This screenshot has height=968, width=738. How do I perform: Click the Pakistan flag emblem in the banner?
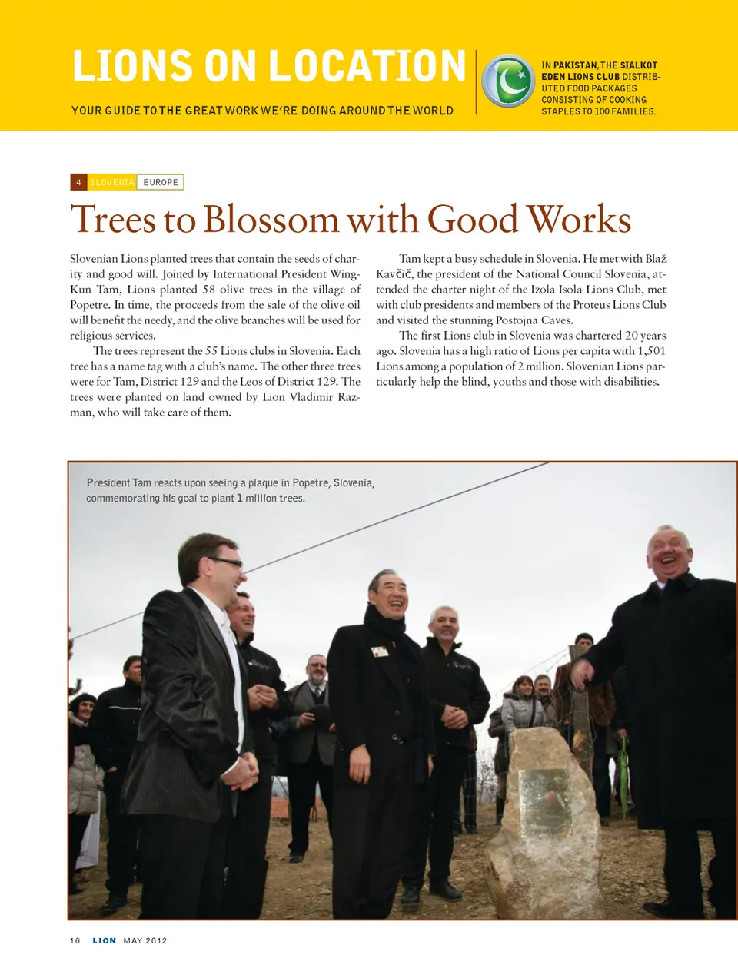pyautogui.click(x=507, y=81)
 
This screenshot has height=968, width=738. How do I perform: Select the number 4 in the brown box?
pyautogui.click(x=78, y=182)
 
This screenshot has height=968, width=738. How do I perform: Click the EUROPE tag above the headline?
pyautogui.click(x=161, y=182)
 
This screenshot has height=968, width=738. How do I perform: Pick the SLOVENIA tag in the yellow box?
pyautogui.click(x=112, y=182)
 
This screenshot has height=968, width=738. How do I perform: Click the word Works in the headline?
pyautogui.click(x=579, y=220)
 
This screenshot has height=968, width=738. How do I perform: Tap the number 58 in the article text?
pyautogui.click(x=209, y=290)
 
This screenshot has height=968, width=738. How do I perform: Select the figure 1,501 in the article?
pyautogui.click(x=652, y=351)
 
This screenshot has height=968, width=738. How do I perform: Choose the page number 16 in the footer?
pyautogui.click(x=75, y=940)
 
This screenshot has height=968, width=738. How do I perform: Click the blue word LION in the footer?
pyautogui.click(x=105, y=940)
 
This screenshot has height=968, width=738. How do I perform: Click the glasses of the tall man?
pyautogui.click(x=226, y=562)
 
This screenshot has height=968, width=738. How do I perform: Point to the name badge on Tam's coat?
pyautogui.click(x=379, y=651)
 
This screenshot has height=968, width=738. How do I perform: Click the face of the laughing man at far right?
pyautogui.click(x=668, y=555)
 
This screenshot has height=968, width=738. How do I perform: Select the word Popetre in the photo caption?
pyautogui.click(x=311, y=483)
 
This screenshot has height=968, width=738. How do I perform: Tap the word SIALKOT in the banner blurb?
pyautogui.click(x=639, y=65)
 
